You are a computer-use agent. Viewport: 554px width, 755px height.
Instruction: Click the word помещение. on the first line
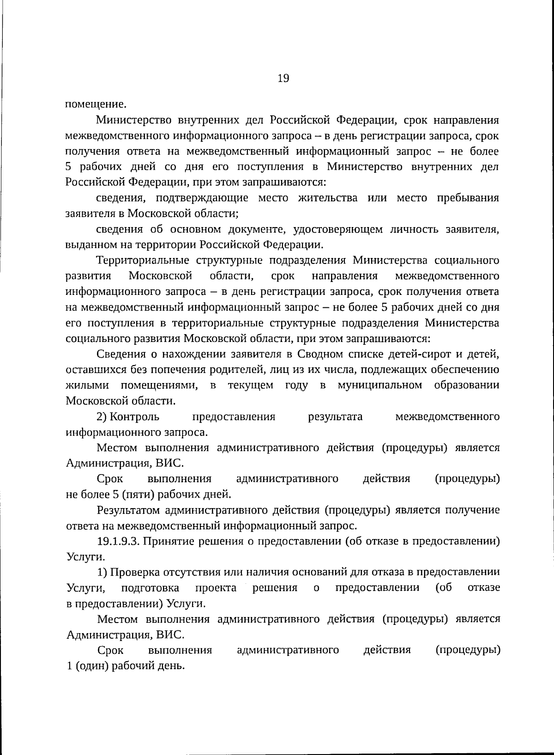[x=95, y=104]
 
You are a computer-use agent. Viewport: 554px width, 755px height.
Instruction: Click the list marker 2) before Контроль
[x=102, y=417]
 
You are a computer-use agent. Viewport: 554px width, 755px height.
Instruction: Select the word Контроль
[x=135, y=417]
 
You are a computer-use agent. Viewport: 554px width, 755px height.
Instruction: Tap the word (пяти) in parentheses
[x=140, y=495]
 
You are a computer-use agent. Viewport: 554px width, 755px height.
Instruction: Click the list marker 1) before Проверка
[x=102, y=572]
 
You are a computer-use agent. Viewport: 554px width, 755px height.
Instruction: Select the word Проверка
[x=134, y=572]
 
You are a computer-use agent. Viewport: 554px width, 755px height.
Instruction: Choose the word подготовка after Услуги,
[x=150, y=588]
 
